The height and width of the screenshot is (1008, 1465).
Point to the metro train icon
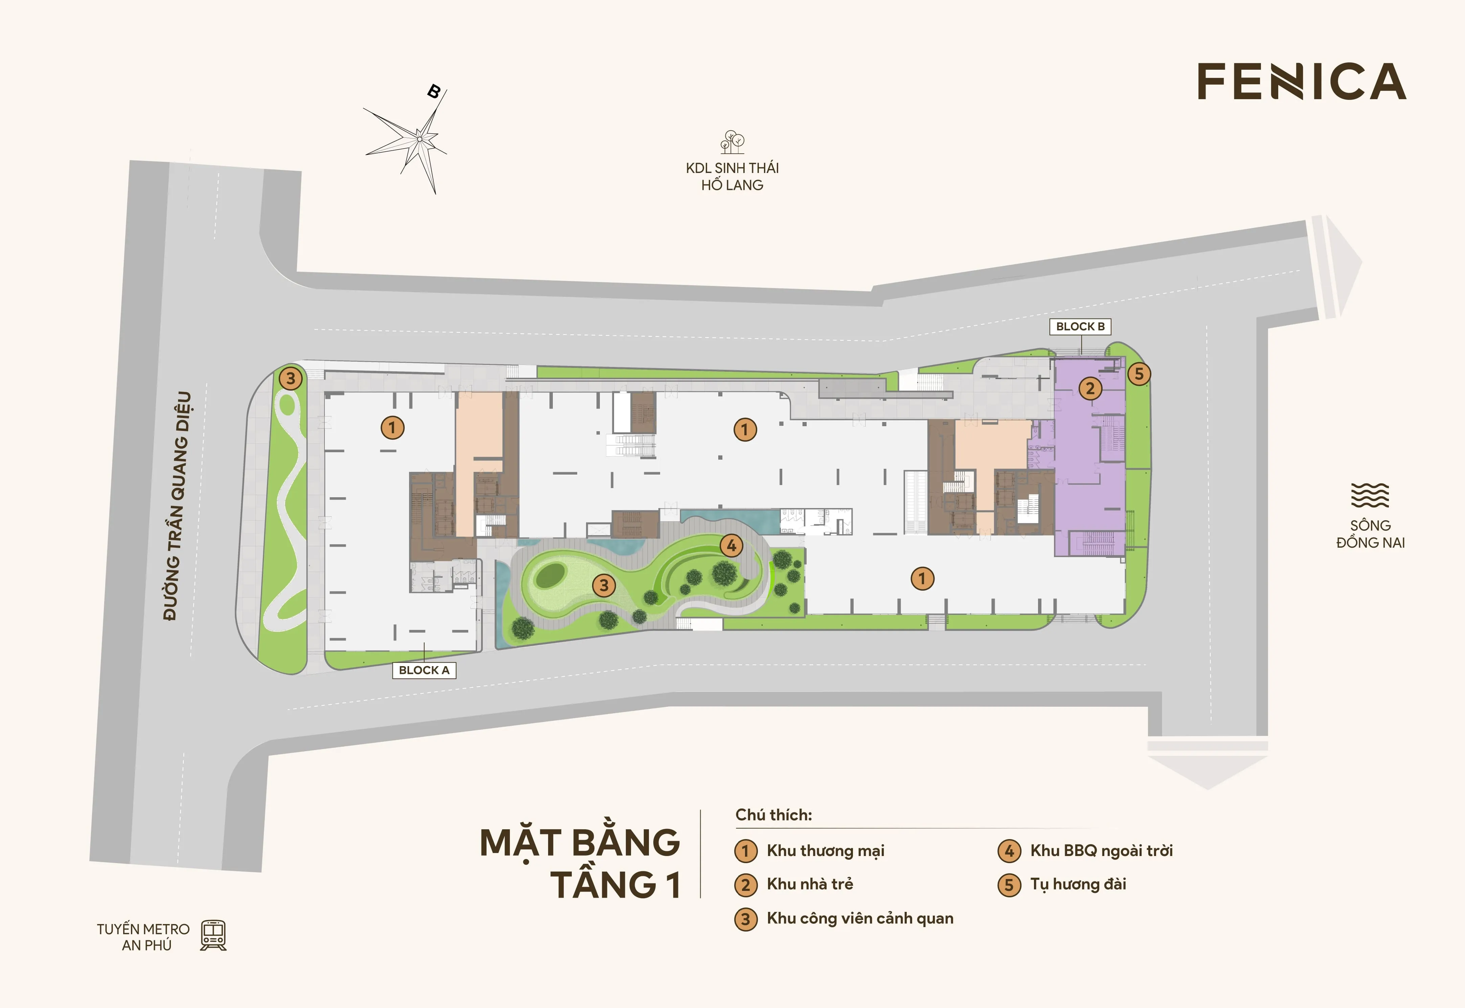(213, 935)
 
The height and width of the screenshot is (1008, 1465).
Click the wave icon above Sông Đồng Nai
(1370, 495)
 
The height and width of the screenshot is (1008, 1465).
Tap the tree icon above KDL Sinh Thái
(732, 142)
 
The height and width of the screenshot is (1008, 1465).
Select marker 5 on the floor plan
(1139, 374)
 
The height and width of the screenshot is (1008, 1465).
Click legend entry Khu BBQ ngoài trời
(1101, 851)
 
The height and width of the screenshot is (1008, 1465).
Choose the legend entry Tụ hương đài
(1078, 884)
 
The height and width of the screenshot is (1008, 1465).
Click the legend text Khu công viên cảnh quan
(860, 918)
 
